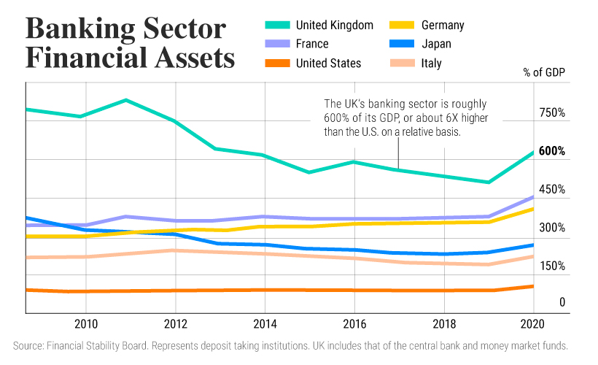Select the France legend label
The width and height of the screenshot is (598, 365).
point(313,45)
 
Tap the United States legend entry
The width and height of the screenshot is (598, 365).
point(328,64)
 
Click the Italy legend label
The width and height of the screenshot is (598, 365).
point(432,64)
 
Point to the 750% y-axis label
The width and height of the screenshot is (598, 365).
point(552,113)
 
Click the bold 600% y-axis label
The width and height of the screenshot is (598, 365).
point(552,151)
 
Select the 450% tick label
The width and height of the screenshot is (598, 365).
point(552,190)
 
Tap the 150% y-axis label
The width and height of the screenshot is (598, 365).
point(552,266)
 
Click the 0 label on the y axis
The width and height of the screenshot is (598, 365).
point(542,302)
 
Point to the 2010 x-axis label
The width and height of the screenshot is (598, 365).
point(86,324)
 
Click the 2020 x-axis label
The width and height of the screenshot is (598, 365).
point(532,324)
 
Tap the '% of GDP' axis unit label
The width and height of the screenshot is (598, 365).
point(544,72)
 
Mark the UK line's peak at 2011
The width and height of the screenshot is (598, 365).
point(126,100)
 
